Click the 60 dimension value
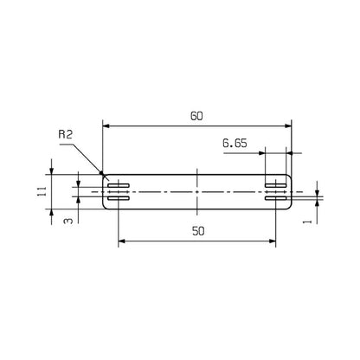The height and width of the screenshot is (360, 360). [x=196, y=116]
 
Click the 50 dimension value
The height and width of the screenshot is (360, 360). [x=198, y=231]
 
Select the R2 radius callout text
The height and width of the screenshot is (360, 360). [x=65, y=134]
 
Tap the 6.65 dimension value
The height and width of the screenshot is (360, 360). [x=235, y=144]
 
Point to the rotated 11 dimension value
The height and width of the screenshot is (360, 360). [x=42, y=191]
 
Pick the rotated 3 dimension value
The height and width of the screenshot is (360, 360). [x=67, y=221]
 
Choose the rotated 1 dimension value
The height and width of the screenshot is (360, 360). [x=308, y=222]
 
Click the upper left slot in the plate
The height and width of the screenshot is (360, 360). [x=119, y=185]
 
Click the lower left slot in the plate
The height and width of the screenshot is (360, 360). [x=119, y=198]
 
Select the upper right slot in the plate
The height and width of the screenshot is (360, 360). [x=276, y=185]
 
